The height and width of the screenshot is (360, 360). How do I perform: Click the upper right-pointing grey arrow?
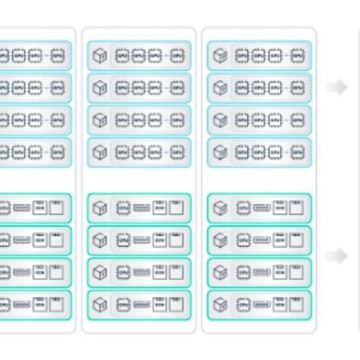[x=339, y=86]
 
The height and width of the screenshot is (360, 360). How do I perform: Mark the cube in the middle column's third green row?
[x=100, y=271]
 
